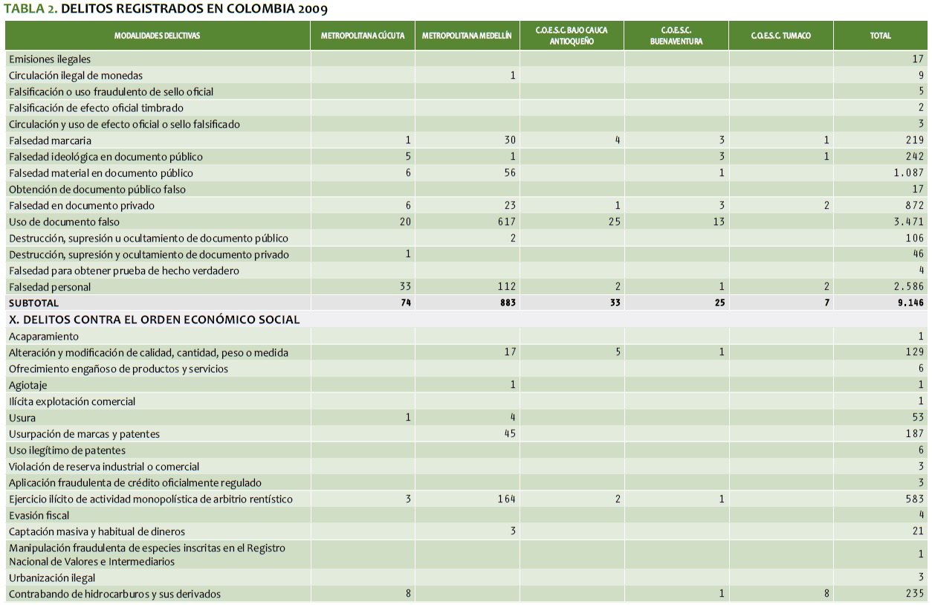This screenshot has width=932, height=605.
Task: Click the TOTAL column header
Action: click(x=880, y=36)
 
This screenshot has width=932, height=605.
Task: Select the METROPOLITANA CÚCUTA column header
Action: click(x=362, y=36)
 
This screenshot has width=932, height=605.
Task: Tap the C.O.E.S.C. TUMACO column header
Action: click(x=780, y=36)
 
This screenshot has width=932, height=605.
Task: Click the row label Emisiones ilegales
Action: click(x=50, y=59)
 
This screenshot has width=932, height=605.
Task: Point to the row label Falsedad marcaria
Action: click(x=50, y=140)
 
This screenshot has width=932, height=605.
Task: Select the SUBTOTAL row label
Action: click(x=33, y=303)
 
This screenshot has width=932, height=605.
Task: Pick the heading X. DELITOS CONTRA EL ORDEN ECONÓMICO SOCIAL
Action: click(x=154, y=320)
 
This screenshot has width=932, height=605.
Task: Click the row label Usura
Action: click(x=22, y=418)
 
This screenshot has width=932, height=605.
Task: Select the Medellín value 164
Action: click(x=505, y=499)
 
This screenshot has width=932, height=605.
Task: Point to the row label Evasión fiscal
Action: click(x=39, y=515)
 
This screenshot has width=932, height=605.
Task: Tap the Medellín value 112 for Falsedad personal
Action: click(x=505, y=287)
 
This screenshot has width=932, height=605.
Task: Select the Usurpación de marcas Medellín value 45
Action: click(x=509, y=434)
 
